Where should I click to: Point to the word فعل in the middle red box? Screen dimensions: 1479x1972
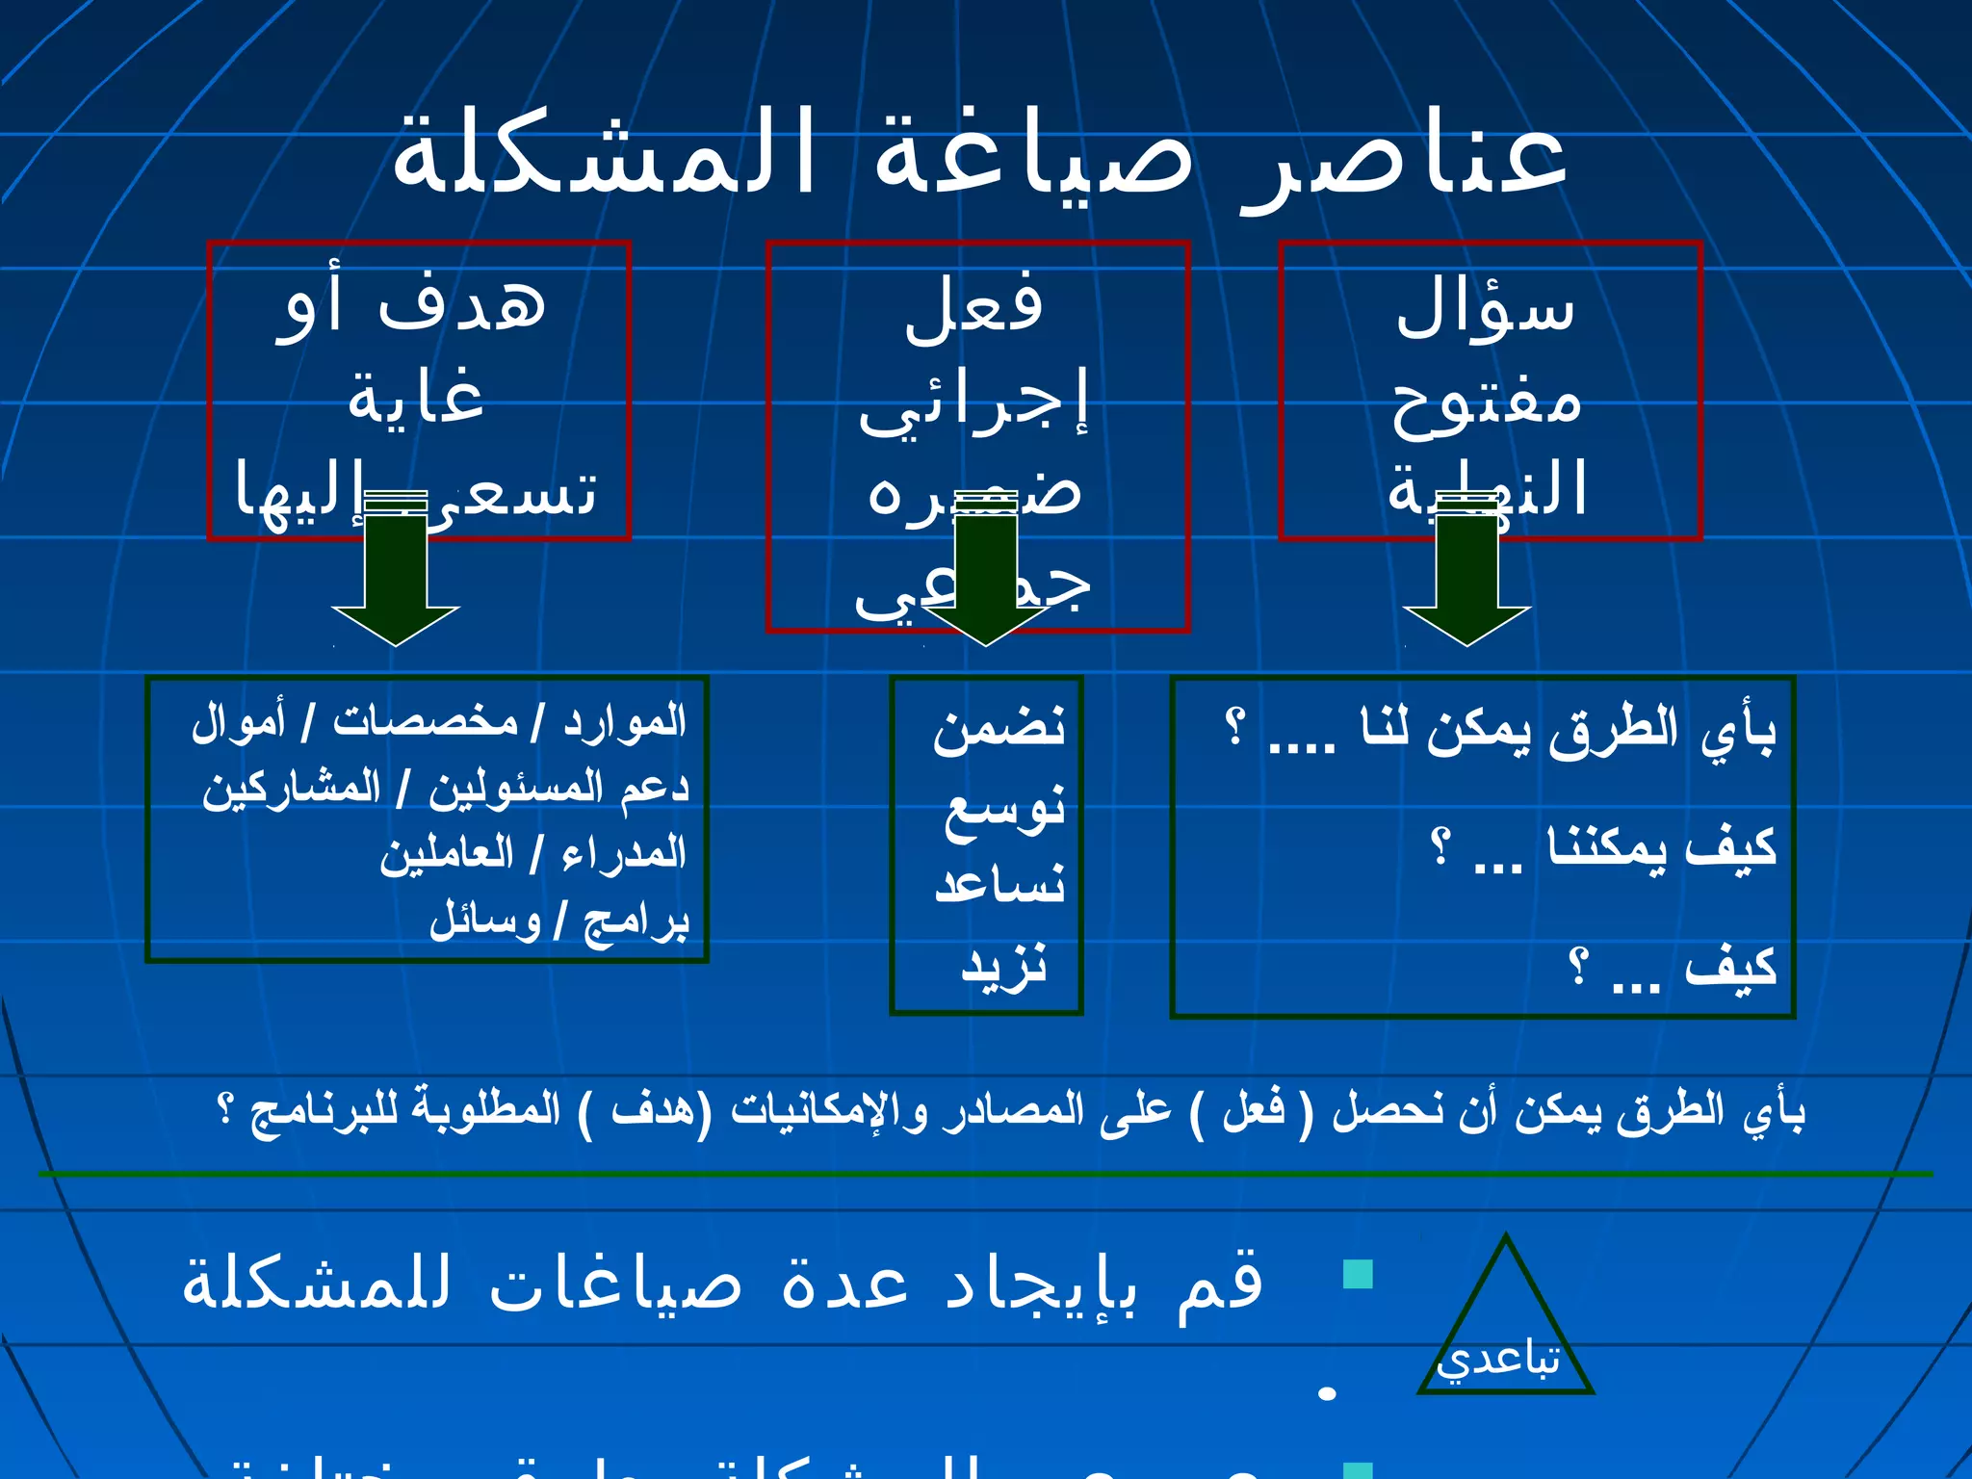click(x=973, y=308)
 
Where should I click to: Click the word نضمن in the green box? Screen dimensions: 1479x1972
click(x=999, y=727)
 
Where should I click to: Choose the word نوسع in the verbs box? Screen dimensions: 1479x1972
click(x=1004, y=809)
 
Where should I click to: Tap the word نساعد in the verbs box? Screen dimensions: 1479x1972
click(x=999, y=884)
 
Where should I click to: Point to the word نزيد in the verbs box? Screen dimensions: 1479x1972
click(x=1004, y=965)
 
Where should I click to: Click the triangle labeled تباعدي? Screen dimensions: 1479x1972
click(x=1505, y=1329)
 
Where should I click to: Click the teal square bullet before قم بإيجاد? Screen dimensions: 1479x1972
click(x=1358, y=1275)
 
